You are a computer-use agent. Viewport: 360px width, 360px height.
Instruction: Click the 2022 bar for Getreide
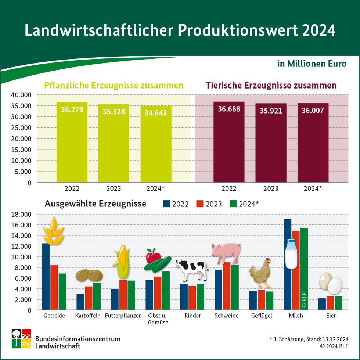coord(46,279)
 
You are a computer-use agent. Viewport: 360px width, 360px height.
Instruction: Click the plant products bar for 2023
coord(114,147)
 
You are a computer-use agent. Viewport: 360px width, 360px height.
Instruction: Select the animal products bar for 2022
coord(228,147)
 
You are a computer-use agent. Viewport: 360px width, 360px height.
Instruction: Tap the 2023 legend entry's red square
coord(200,204)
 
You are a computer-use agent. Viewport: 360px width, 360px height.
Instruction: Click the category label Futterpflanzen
coord(123,316)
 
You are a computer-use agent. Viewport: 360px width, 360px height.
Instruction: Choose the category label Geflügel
coord(262,316)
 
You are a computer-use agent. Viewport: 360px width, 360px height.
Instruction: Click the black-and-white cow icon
coord(192,269)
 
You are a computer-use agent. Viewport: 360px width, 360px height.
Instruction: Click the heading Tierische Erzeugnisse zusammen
coord(271,86)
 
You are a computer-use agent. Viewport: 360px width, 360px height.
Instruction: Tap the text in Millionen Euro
coord(312,64)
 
